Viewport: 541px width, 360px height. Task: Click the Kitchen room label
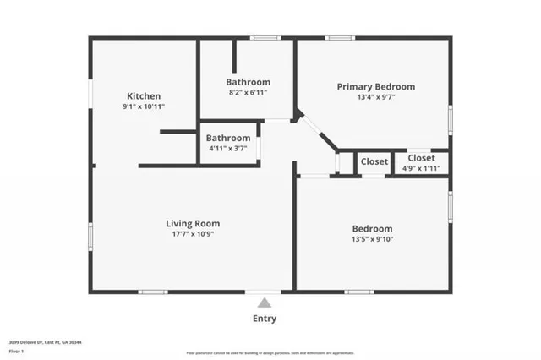click(143, 96)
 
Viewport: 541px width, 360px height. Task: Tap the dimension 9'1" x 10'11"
click(143, 107)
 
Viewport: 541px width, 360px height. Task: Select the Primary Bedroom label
click(376, 86)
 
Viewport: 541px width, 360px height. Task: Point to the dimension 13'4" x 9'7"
click(376, 97)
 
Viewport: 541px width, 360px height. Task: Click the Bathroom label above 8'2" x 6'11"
click(248, 82)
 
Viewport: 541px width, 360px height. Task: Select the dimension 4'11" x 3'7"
click(229, 149)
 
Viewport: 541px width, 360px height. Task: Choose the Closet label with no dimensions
click(374, 161)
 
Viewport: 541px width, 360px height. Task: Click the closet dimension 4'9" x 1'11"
click(421, 168)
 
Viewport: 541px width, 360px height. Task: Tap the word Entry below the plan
click(265, 319)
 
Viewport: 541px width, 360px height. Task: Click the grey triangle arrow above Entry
click(265, 303)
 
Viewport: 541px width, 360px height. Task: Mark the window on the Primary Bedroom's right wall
click(451, 117)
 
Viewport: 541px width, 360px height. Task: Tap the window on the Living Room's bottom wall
click(153, 292)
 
